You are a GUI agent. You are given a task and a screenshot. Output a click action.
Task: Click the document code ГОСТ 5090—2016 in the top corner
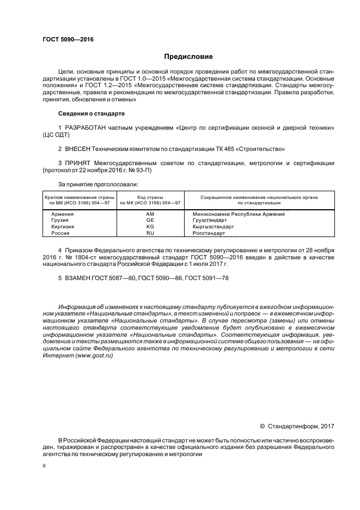pyautogui.click(x=64, y=40)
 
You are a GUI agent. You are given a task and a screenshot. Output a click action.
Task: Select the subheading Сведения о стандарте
pyautogui.click(x=91, y=113)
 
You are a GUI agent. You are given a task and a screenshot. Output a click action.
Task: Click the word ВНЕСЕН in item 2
pyautogui.click(x=78, y=149)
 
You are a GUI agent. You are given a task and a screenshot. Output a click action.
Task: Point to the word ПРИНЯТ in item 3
pyautogui.click(x=78, y=163)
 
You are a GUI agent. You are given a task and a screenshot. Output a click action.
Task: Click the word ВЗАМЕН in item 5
pyautogui.click(x=78, y=278)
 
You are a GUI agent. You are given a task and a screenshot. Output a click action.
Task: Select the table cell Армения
pyautogui.click(x=62, y=214)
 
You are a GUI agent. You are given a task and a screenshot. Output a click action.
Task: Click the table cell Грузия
pyautogui.click(x=60, y=220)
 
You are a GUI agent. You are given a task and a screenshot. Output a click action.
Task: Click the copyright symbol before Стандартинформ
pyautogui.click(x=262, y=426)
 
